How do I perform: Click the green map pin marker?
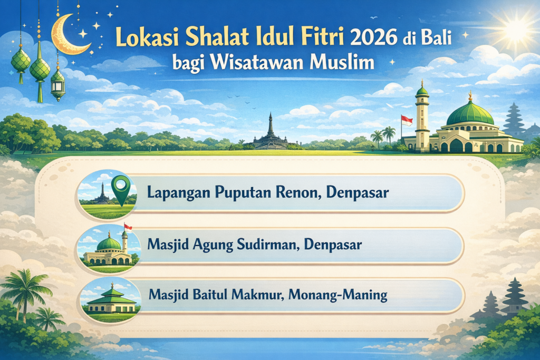tap(122, 188)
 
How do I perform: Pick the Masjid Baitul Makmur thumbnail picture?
tap(109, 299)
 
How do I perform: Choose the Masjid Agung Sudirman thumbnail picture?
tap(109, 247)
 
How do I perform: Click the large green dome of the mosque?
tap(470, 113)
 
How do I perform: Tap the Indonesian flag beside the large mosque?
tap(407, 120)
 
